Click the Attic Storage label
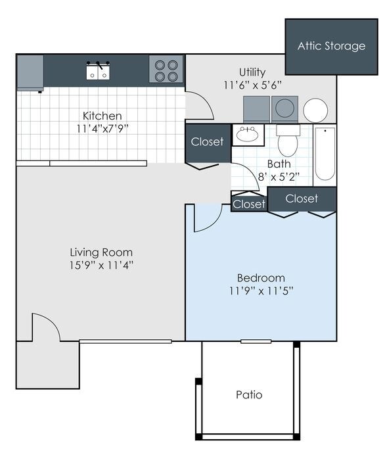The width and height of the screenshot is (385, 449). pyautogui.click(x=331, y=46)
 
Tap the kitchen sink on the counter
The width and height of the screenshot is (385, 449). pyautogui.click(x=99, y=71)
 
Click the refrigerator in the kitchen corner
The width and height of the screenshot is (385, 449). pyautogui.click(x=30, y=72)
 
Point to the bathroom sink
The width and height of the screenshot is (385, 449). pyautogui.click(x=248, y=135)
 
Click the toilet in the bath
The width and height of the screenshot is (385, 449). pyautogui.click(x=288, y=141)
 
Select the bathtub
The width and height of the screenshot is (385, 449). pyautogui.click(x=325, y=154)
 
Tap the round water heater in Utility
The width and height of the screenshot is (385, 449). pyautogui.click(x=315, y=110)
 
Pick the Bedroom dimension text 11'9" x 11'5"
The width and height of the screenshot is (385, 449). pyautogui.click(x=261, y=291)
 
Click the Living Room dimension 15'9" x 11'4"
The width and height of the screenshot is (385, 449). pyautogui.click(x=101, y=266)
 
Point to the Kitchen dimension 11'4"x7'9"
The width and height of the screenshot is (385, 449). pyautogui.click(x=102, y=129)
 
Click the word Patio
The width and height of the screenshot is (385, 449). pyautogui.click(x=249, y=394)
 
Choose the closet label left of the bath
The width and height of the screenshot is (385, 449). pyautogui.click(x=208, y=142)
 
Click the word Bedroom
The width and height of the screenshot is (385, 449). pyautogui.click(x=261, y=277)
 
